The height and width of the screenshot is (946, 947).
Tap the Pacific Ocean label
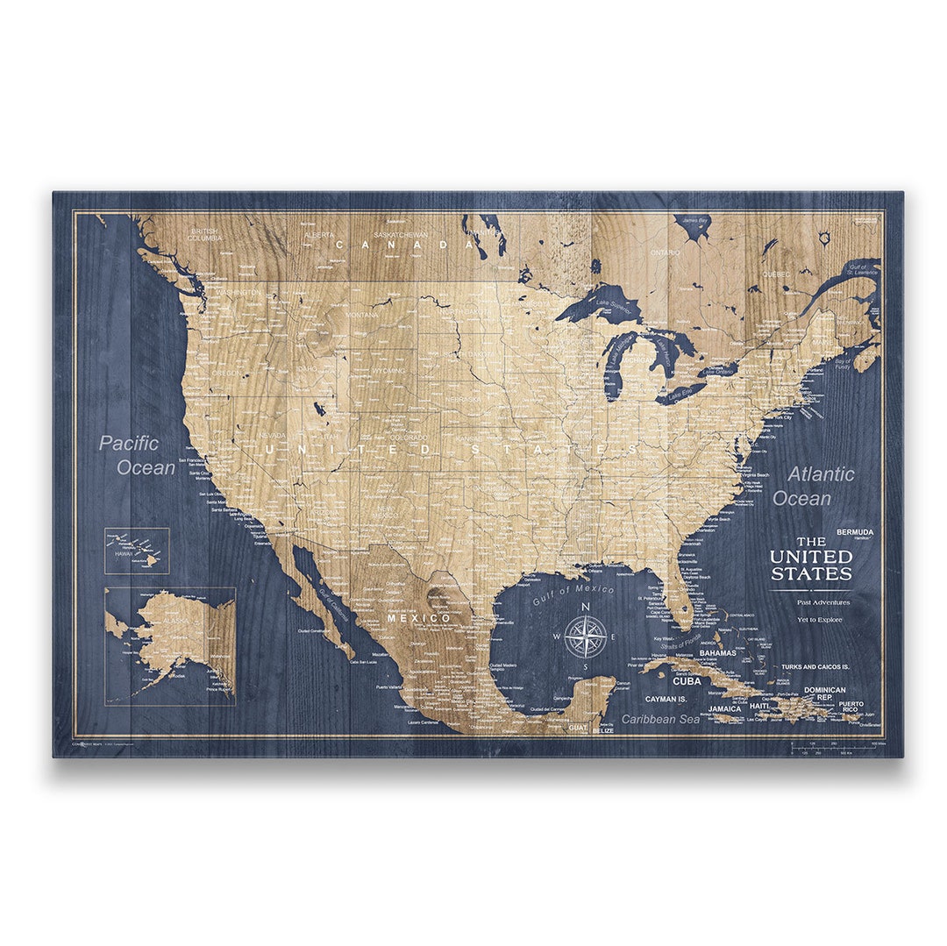[x=137, y=455]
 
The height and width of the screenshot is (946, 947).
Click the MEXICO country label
[x=419, y=618]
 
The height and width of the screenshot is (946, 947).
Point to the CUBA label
[x=686, y=680]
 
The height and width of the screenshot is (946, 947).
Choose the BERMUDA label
[x=854, y=531]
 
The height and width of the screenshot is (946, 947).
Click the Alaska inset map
[x=170, y=645]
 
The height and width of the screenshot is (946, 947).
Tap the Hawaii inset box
[x=137, y=551]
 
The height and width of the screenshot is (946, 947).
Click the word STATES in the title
[x=811, y=574]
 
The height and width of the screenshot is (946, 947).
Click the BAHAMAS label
[x=717, y=653]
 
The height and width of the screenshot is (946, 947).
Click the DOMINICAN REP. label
[x=824, y=693]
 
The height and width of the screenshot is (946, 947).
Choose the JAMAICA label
[x=724, y=708]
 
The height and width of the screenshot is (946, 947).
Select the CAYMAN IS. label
[x=665, y=700]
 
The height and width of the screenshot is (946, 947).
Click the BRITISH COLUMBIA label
[x=203, y=234]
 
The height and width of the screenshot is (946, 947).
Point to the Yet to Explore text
[x=820, y=619]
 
